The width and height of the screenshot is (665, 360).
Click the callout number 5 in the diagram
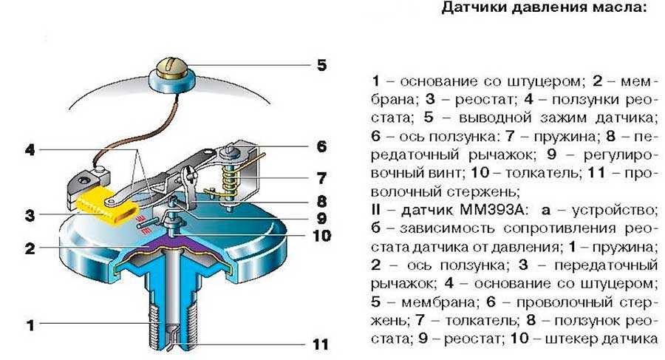click(x=321, y=65)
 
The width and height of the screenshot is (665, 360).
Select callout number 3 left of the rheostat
click(x=30, y=216)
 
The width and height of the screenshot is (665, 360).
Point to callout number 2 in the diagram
click(x=30, y=248)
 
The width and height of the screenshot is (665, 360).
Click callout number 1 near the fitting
click(x=30, y=324)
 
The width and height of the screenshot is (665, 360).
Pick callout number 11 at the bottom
click(x=320, y=344)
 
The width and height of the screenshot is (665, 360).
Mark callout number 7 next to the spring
click(x=321, y=178)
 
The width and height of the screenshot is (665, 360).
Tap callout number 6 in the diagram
click(x=321, y=146)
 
